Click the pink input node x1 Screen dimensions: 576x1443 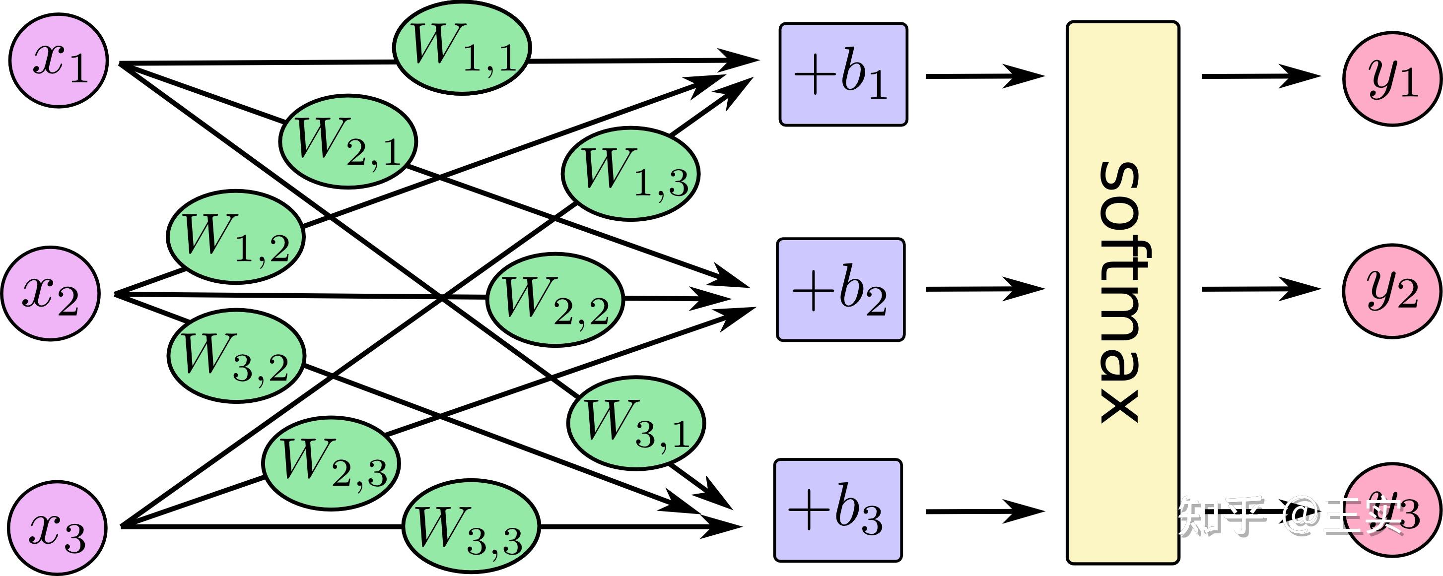(x=58, y=61)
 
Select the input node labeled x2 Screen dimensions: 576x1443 (x=51, y=293)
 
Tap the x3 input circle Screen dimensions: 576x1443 (x=57, y=527)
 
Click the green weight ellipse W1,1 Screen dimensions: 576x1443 (x=462, y=48)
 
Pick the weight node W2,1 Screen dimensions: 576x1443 (x=348, y=141)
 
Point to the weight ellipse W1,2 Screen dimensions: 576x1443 (x=236, y=237)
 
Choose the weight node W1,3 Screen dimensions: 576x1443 (x=630, y=174)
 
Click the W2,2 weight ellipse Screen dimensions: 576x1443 (x=554, y=300)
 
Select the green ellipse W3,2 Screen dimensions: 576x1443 (x=236, y=355)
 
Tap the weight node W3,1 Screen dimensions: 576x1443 (x=636, y=423)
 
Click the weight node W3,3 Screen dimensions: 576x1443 (x=471, y=528)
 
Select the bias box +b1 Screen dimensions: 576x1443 (x=843, y=74)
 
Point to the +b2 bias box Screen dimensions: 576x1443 (x=840, y=289)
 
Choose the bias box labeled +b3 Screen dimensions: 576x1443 (x=838, y=510)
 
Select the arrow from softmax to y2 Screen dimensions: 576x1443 (x=1260, y=289)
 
